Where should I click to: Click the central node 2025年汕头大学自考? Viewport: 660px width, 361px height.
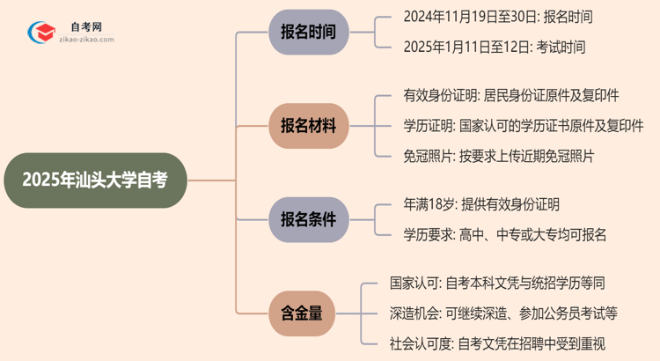94,180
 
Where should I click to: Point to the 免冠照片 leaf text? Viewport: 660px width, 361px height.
486,156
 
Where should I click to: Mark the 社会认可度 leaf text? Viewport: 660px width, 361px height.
497,343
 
